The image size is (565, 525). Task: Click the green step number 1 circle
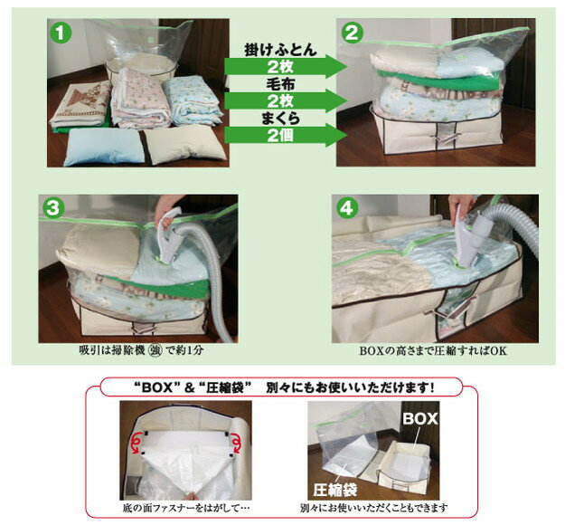click(x=61, y=33)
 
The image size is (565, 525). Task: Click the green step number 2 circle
click(x=352, y=33)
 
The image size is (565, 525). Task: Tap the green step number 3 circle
click(x=53, y=208)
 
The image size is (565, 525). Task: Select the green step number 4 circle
click(x=346, y=208)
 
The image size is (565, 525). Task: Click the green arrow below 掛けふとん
click(x=286, y=66)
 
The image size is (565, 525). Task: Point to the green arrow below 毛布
click(x=286, y=100)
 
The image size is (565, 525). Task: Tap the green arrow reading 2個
click(x=286, y=135)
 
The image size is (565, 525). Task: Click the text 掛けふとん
click(x=280, y=50)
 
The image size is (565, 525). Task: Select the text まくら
click(x=280, y=119)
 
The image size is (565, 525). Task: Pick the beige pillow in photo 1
click(x=184, y=145)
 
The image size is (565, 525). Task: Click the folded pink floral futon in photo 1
click(x=140, y=99)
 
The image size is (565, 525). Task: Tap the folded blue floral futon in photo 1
click(x=192, y=100)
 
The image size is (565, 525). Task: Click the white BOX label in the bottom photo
click(x=420, y=418)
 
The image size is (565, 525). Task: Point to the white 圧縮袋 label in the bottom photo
click(x=335, y=490)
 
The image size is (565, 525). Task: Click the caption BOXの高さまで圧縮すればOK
click(x=433, y=351)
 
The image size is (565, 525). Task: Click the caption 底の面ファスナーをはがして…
click(x=186, y=509)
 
